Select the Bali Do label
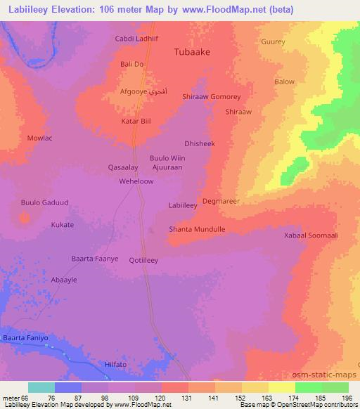pyautogui.click(x=132, y=65)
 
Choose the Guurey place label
pyautogui.click(x=273, y=42)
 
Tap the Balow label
pyautogui.click(x=285, y=82)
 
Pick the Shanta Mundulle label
pyautogui.click(x=198, y=230)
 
